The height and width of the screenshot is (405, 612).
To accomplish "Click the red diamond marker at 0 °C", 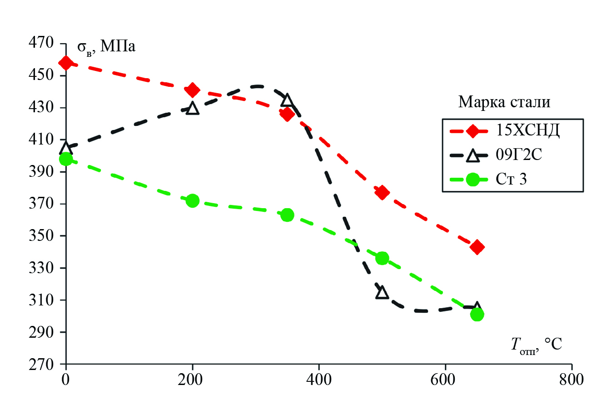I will pyautogui.click(x=66, y=63).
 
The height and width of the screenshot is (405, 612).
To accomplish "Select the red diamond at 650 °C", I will pyautogui.click(x=477, y=247).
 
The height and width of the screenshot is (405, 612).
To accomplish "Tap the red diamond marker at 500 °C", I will pyautogui.click(x=382, y=192).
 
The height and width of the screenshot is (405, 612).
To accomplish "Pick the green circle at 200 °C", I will pyautogui.click(x=193, y=200).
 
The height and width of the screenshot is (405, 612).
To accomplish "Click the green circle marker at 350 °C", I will pyautogui.click(x=287, y=215).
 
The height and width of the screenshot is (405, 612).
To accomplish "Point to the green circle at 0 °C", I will pyautogui.click(x=66, y=159).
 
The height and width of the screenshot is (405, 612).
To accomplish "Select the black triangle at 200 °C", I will pyautogui.click(x=193, y=108).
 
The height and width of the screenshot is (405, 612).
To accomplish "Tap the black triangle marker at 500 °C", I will pyautogui.click(x=382, y=292).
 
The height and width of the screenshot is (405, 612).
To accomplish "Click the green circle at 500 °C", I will pyautogui.click(x=382, y=258).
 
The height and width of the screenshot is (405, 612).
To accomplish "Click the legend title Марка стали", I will pyautogui.click(x=504, y=102).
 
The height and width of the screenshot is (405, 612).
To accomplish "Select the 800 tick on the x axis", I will pyautogui.click(x=572, y=379).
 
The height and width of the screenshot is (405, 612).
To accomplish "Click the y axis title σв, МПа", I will pyautogui.click(x=105, y=47).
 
